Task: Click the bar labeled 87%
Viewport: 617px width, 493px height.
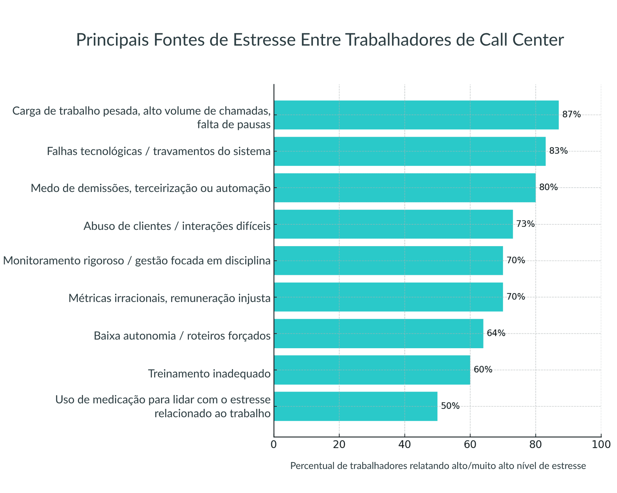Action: click(416, 115)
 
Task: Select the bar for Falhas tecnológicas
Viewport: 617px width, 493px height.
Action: click(409, 151)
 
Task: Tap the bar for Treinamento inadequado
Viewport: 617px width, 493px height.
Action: click(372, 370)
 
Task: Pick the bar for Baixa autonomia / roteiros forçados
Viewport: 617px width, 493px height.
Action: click(378, 333)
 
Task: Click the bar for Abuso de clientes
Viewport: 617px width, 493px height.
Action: click(393, 224)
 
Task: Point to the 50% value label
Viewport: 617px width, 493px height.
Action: click(450, 406)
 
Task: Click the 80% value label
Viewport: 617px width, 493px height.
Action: click(548, 187)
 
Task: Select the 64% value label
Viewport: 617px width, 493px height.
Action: click(496, 333)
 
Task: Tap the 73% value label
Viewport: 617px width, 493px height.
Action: click(525, 224)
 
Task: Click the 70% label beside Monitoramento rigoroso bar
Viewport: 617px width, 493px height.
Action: click(515, 260)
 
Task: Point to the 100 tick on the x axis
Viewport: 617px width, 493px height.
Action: click(601, 445)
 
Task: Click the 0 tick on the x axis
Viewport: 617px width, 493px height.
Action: click(273, 445)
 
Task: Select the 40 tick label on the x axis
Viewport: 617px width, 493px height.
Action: click(404, 445)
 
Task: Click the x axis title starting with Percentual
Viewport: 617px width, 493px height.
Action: click(438, 466)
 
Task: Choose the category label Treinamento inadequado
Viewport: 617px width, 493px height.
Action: click(209, 374)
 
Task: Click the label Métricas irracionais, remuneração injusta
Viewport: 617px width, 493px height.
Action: click(169, 298)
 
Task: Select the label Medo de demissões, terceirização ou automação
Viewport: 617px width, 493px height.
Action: click(151, 188)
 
